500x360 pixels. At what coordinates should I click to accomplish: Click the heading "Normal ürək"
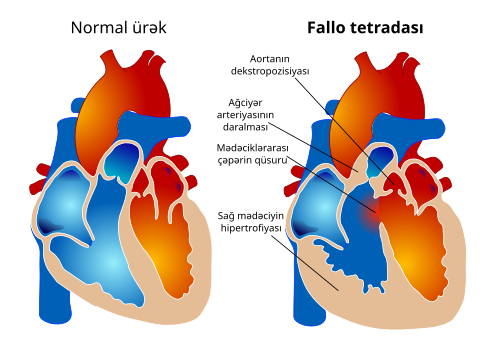118,26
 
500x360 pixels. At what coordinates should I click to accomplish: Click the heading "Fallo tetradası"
364,26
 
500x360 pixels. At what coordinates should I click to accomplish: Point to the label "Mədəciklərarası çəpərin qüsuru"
258,155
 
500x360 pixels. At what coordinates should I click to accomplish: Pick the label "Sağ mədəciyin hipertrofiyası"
251,221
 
